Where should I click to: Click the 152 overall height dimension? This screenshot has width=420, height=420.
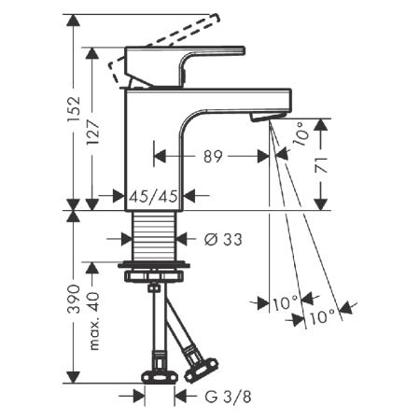[x=74, y=109]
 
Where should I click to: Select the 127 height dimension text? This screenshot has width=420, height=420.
[x=92, y=132]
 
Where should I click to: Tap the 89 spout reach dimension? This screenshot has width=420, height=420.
[x=213, y=157]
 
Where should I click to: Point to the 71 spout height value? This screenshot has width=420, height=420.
[x=322, y=165]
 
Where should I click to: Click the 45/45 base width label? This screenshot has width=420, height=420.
[x=154, y=197]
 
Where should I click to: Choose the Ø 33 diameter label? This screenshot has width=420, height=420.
[x=223, y=240]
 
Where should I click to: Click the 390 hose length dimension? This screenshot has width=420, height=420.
[x=74, y=299]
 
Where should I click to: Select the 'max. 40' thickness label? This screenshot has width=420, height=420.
[x=93, y=321]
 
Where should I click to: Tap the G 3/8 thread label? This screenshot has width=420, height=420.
[x=228, y=397]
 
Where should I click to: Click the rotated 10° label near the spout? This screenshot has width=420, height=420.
[x=301, y=133]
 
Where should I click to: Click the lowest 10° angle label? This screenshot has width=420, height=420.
[x=322, y=317]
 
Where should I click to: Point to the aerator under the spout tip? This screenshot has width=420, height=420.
[x=267, y=116]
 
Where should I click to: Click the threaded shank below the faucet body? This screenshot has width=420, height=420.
[x=154, y=236]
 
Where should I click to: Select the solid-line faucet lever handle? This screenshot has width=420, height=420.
[x=185, y=66]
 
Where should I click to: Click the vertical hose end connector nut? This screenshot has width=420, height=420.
[x=160, y=377]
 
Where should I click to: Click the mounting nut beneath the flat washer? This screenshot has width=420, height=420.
[x=154, y=276]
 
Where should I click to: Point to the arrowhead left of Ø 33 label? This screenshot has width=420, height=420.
[x=127, y=239]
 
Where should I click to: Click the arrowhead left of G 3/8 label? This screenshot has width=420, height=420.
[x=139, y=396]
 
